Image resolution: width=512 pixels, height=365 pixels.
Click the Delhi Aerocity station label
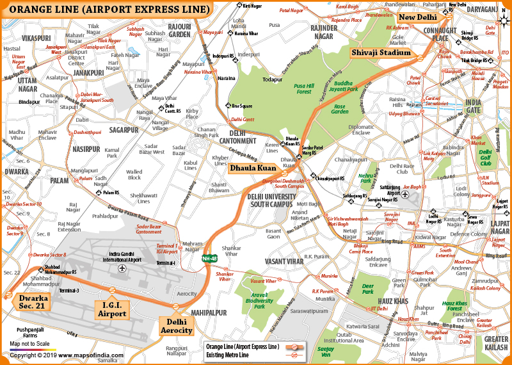click(x=175, y=325)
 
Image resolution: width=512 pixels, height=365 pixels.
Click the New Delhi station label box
click(x=417, y=17)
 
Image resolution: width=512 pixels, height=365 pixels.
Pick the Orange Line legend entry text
click(x=243, y=346)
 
